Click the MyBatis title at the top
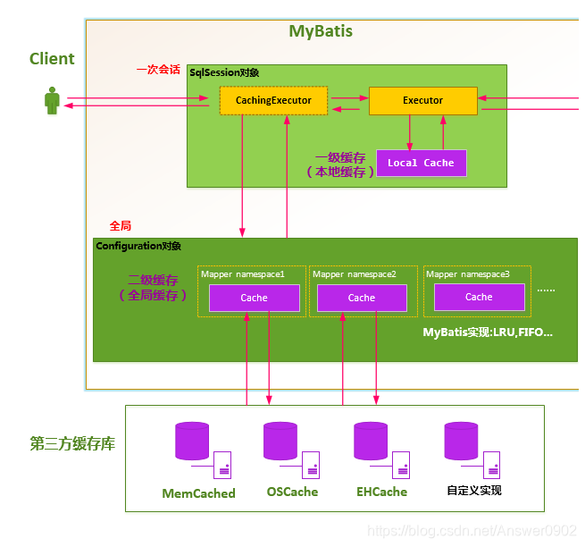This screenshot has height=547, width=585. pyautogui.click(x=321, y=31)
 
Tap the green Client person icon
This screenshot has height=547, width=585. pyautogui.click(x=52, y=100)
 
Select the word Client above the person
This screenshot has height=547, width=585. pyautogui.click(x=52, y=59)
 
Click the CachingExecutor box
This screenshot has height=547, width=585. pyautogui.click(x=273, y=100)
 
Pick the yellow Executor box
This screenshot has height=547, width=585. pyautogui.click(x=422, y=100)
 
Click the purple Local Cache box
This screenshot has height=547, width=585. pyautogui.click(x=421, y=163)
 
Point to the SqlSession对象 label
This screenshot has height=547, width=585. pyautogui.click(x=224, y=72)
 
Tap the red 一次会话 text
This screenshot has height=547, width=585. pyautogui.click(x=158, y=69)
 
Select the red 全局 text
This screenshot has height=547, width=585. pyautogui.click(x=120, y=226)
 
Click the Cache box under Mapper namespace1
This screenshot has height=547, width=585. pyautogui.click(x=254, y=298)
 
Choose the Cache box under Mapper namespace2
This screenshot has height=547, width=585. pyautogui.click(x=362, y=298)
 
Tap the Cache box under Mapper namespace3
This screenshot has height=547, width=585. pyautogui.click(x=479, y=297)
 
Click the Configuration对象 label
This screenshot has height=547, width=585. pyautogui.click(x=138, y=246)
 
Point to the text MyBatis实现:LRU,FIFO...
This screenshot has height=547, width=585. pyautogui.click(x=488, y=332)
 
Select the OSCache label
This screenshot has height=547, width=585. pyautogui.click(x=292, y=492)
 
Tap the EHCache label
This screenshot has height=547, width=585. pyautogui.click(x=381, y=492)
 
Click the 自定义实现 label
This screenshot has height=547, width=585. pyautogui.click(x=474, y=491)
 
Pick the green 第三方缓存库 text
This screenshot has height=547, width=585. pyautogui.click(x=72, y=443)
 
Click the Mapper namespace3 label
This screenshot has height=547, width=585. pyautogui.click(x=468, y=273)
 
